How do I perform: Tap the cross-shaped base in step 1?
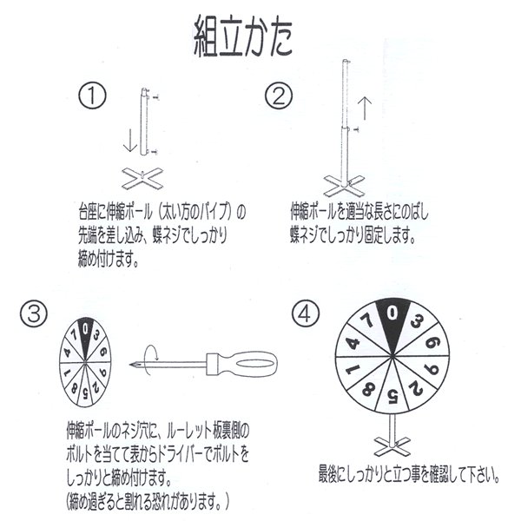pyautogui.click(x=142, y=178)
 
